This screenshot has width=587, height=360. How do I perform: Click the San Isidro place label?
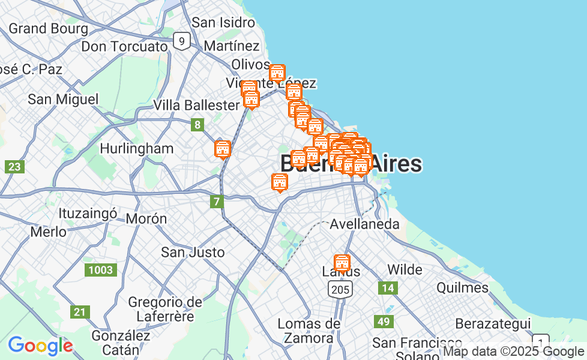[223, 23]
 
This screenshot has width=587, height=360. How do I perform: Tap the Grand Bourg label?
[48, 28]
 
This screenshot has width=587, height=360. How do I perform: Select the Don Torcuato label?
[124, 46]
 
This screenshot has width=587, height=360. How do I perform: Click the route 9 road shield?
[181, 41]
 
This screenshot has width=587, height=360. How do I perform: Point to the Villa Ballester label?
[196, 105]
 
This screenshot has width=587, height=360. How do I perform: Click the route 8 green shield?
[197, 125]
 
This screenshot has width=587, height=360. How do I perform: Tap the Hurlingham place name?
[137, 148]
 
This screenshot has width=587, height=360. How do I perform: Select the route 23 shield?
[14, 167]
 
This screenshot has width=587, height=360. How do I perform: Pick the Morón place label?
[146, 218]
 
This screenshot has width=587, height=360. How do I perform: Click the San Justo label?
[193, 252]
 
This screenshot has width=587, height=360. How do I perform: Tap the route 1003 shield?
[100, 270]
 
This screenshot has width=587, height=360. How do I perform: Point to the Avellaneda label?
[365, 224]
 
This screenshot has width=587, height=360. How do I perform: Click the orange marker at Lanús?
[342, 263]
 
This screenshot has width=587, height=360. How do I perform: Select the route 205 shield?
[340, 290]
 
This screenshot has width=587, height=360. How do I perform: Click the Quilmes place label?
[462, 287]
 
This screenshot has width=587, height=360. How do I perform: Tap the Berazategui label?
[493, 323]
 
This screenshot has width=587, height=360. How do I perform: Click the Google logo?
[40, 346]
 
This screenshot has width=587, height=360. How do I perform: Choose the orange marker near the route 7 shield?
[280, 182]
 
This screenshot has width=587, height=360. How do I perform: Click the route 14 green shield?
[388, 288]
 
